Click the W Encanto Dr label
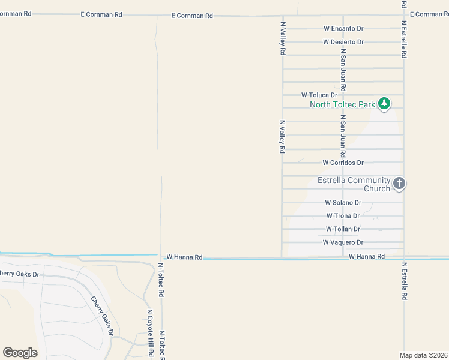click(343, 28)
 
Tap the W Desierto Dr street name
click(343, 42)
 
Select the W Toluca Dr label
click(319, 95)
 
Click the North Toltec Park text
click(342, 105)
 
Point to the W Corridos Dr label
click(343, 163)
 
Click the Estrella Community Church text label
click(354, 185)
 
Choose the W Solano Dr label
click(343, 203)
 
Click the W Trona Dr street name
click(343, 216)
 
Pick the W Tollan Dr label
click(343, 229)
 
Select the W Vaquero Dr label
click(343, 242)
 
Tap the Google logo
click(20, 353)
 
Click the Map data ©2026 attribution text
click(423, 355)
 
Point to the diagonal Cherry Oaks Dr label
click(102, 316)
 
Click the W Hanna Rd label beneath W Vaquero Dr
click(366, 257)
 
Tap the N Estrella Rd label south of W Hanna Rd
click(405, 281)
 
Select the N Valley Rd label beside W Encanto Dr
click(282, 38)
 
